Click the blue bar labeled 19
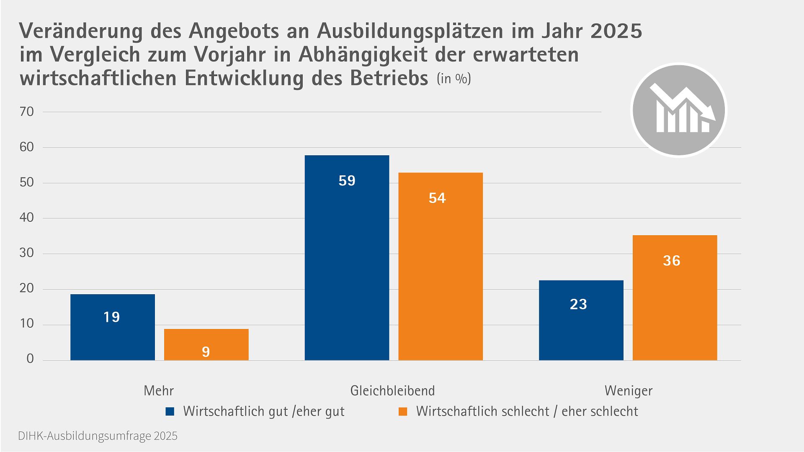coord(112,327)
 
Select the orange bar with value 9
coord(206,344)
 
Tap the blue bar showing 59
coord(347,257)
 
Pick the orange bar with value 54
coord(440,266)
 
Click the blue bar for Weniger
coord(581,320)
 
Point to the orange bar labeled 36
coord(675,298)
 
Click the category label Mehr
coord(158,390)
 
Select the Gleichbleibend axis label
coord(392,390)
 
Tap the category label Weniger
coord(628,390)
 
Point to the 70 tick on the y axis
coord(26,112)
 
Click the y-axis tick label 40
coord(26,218)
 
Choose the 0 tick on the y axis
coord(30,359)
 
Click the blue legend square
coord(170,411)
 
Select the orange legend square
coord(403,411)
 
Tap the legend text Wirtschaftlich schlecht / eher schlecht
coord(527,411)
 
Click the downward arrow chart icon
coord(678,110)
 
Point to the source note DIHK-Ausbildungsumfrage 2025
coord(98,436)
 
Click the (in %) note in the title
coord(454,79)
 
